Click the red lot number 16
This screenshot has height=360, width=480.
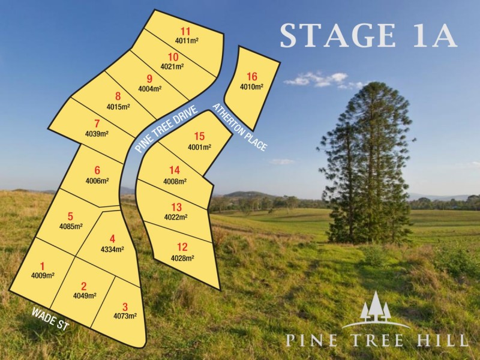252,76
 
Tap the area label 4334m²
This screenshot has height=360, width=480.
112,249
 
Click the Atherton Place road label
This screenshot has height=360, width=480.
239,127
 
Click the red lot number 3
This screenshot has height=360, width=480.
125,306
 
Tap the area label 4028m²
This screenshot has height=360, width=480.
182,258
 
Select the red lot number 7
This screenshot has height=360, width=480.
97,124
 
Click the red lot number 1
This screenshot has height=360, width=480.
43,266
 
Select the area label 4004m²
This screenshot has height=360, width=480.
149,89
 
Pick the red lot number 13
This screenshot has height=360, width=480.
176,207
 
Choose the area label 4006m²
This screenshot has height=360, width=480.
97,180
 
